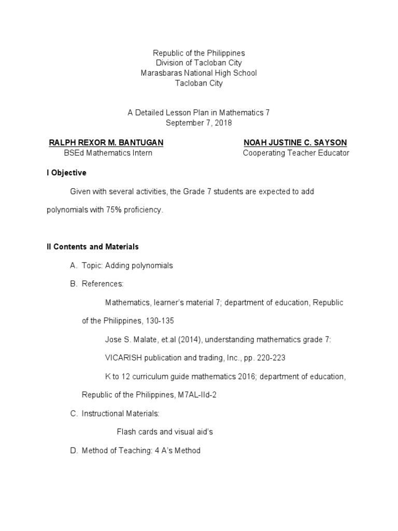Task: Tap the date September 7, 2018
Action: [199, 122]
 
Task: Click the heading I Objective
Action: [66, 173]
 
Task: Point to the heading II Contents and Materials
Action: [93, 247]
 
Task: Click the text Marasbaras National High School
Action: [199, 73]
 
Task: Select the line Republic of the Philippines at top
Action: [199, 53]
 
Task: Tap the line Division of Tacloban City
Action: [199, 63]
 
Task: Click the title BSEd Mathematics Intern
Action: [108, 153]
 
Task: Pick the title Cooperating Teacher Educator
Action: [296, 153]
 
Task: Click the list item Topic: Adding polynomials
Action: [127, 265]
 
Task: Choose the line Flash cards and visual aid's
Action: [165, 431]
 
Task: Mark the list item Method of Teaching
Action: [141, 450]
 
